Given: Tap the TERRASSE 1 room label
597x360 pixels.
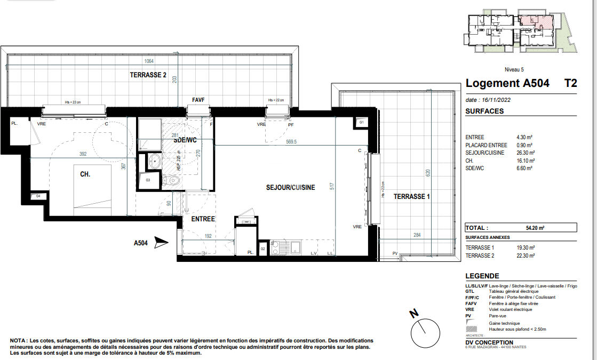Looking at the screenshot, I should tap(411, 196).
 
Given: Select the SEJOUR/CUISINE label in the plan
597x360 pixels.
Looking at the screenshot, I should tap(290, 187).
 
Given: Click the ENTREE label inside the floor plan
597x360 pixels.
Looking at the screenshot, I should tap(203, 219).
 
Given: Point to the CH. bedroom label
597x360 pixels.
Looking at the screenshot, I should tap(85, 174).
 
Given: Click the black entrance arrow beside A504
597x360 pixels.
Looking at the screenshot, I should tap(161, 243).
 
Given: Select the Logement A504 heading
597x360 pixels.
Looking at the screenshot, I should tap(507, 83).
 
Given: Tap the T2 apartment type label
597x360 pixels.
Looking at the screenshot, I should tap(570, 83).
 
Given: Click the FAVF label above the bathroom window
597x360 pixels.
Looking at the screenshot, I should tap(198, 100).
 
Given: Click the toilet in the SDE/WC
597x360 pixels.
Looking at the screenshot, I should tap(173, 181).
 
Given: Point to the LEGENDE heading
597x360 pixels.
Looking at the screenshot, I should tap(482, 276).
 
